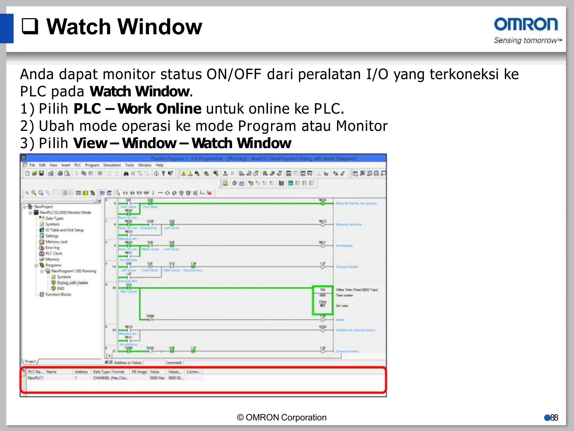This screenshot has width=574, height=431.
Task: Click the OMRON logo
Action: pos(526,24)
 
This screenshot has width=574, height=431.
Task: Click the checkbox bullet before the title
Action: pos(30,26)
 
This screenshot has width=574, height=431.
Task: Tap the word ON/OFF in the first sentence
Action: pos(234,74)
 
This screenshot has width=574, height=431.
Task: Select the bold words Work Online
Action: pos(159,109)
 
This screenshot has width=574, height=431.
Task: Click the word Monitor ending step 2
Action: pos(362,126)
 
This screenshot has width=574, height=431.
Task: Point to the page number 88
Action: pos(554,418)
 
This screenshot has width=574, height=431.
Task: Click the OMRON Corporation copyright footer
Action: pos(282,418)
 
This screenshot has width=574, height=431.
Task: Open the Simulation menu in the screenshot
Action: pos(112,165)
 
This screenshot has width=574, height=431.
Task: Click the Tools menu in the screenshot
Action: pos(129,165)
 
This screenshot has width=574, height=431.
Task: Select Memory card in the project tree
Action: pos(56,242)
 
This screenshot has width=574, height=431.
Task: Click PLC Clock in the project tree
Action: pos(54,253)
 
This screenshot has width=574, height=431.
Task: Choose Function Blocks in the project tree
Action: pos(58,294)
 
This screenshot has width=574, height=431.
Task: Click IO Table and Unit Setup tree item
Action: pos(64,230)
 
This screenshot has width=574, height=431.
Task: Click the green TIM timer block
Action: pos(322,300)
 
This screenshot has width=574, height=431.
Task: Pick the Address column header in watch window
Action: pos(81,372)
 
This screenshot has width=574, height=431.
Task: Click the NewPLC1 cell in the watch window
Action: pos(35,378)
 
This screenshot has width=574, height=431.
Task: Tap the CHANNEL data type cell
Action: pos(110,378)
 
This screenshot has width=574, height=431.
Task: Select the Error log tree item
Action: pos(52,247)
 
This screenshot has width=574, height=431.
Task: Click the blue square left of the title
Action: pos(6,28)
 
